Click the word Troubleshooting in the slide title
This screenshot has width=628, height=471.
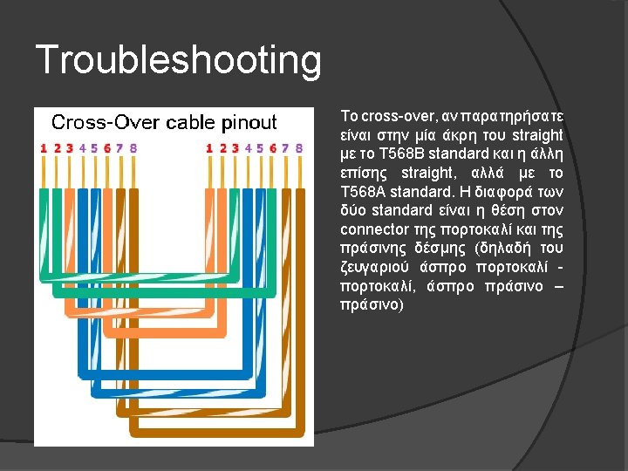179,61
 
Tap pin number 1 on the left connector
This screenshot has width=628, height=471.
44,148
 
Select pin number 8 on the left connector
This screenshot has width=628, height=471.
133,148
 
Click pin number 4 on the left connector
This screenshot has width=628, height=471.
82,148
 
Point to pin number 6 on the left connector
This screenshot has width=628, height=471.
107,148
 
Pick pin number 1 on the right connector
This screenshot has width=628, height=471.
209,148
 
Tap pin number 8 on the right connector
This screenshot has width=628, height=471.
298,148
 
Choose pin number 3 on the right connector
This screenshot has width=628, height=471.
235,148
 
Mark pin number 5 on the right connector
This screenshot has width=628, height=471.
260,148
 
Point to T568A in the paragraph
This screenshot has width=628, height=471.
359,192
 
